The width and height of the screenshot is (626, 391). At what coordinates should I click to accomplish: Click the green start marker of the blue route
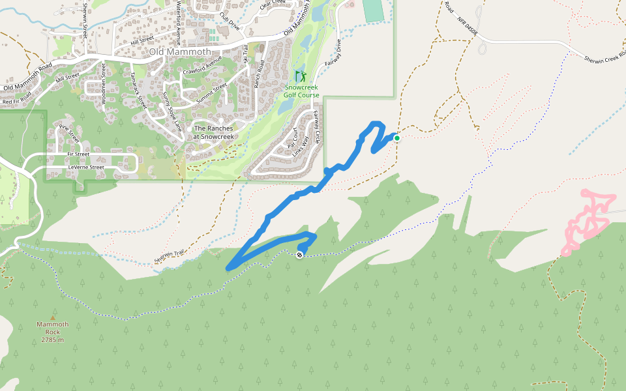(396, 138)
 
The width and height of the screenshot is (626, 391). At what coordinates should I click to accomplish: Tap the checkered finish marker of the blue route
(299, 254)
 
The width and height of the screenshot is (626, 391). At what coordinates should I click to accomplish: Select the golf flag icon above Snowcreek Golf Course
(300, 76)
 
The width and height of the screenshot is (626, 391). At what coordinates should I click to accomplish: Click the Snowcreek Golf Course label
(301, 91)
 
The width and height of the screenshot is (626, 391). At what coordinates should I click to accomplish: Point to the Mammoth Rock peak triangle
(53, 317)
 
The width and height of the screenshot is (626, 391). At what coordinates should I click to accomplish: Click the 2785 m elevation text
(53, 340)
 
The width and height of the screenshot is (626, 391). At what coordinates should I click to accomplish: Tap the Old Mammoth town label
(180, 51)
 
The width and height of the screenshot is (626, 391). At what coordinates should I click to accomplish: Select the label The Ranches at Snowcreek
(213, 132)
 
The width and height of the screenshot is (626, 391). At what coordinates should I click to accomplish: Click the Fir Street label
(78, 154)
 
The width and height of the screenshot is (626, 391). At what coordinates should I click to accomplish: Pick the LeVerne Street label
(86, 167)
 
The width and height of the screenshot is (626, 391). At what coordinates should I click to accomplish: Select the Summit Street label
(212, 91)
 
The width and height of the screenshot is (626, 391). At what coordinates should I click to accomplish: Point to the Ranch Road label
(259, 74)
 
